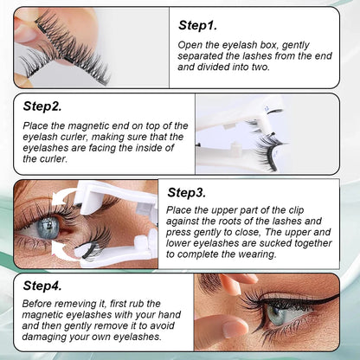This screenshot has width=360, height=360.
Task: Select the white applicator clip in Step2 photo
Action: click(x=260, y=130)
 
